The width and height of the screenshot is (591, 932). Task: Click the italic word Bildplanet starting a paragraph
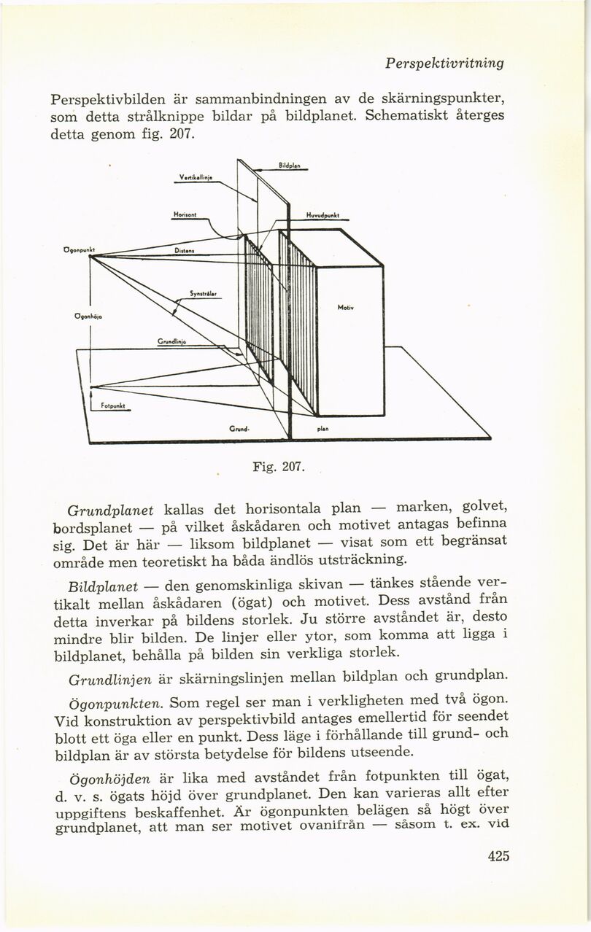[x=102, y=587]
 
